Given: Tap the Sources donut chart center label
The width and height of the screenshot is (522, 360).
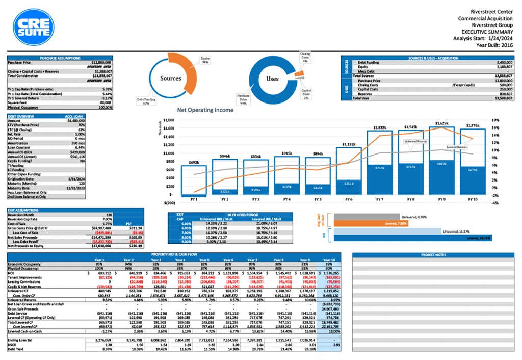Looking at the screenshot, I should tap(171, 79).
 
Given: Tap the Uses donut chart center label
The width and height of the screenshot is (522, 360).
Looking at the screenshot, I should tap(272, 79).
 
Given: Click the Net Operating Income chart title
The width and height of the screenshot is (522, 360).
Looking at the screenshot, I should tap(205, 110).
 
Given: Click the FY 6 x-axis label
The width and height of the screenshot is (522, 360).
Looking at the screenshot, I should tap(349, 199).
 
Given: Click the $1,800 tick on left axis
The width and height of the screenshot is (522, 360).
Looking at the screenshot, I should tap(168, 120).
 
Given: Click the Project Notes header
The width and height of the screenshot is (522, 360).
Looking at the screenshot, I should tap(433, 254).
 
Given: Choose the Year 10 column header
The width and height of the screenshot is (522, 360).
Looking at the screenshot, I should tap(329, 259).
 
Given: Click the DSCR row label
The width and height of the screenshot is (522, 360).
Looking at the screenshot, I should tap(13, 345).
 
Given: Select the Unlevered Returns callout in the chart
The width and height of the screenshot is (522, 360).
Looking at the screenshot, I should tap(416, 141).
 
